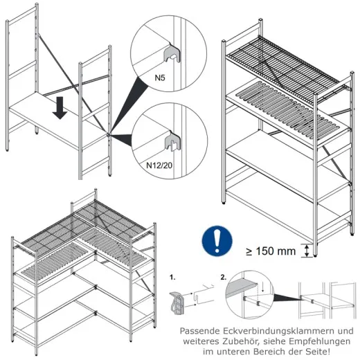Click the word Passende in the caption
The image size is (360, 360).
coord(200,331)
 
